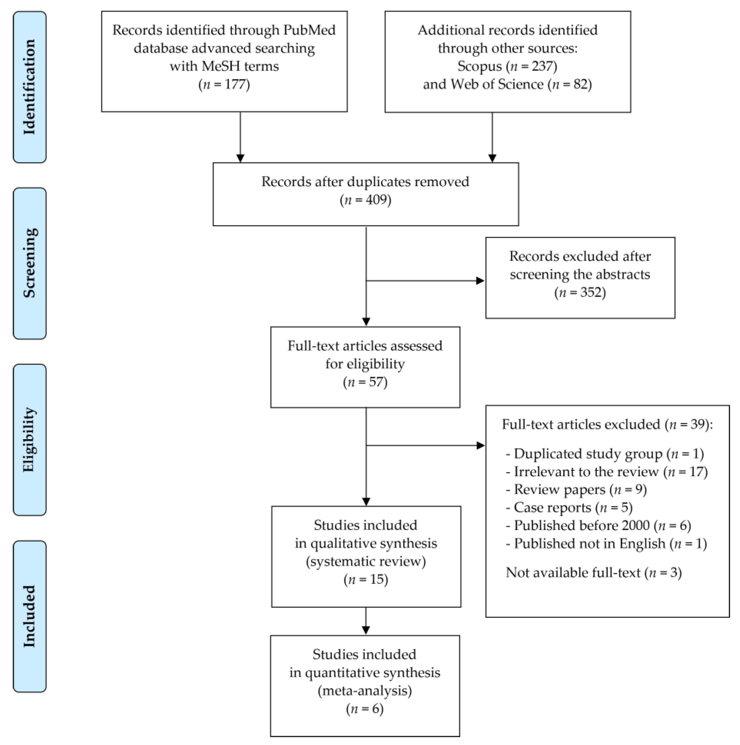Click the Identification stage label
coord(30,87)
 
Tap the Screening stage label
coord(30,263)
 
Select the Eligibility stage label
coord(30,439)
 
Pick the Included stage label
coord(30,616)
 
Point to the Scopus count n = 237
coord(534,66)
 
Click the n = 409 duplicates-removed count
coord(365,200)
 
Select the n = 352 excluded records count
coord(580,292)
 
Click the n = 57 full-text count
coord(365,382)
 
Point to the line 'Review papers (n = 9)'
coord(576,490)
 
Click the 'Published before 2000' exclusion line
coord(598,526)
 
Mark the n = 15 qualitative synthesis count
coord(366,580)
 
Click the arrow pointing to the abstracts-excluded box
coord(425,281)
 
